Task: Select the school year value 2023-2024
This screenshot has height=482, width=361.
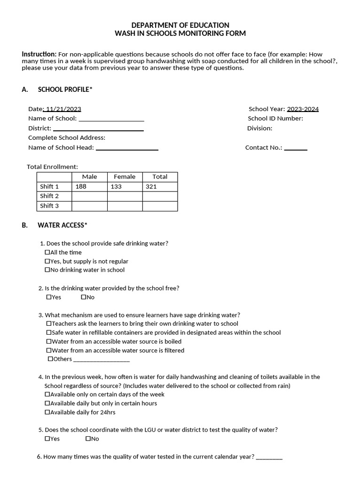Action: coord(303,109)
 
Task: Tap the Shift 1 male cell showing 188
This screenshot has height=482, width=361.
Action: coord(89,186)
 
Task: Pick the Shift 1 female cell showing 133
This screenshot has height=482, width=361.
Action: coord(125,186)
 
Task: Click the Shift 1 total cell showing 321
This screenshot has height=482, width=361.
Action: coord(160,186)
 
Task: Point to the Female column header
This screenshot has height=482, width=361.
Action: coord(125,177)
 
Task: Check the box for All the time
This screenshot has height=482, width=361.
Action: coord(47,253)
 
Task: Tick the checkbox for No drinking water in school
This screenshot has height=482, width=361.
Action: coord(47,270)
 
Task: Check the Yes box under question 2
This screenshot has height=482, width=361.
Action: coord(49,297)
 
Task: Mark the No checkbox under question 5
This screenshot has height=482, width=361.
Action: coord(88,439)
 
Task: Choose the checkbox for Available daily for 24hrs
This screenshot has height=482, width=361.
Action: coord(47,412)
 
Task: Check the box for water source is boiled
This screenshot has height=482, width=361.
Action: coord(49,342)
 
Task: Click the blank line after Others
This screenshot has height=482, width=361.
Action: coord(102,360)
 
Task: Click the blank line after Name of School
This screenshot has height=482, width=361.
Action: coord(111,120)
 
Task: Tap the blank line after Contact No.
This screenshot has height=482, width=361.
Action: coord(296,149)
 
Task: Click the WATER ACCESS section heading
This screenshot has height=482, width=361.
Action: coord(63,225)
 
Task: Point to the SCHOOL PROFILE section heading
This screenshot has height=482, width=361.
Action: coord(65,89)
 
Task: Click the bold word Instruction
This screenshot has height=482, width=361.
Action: coord(39,54)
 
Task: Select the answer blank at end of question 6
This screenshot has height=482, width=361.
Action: coord(269,458)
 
